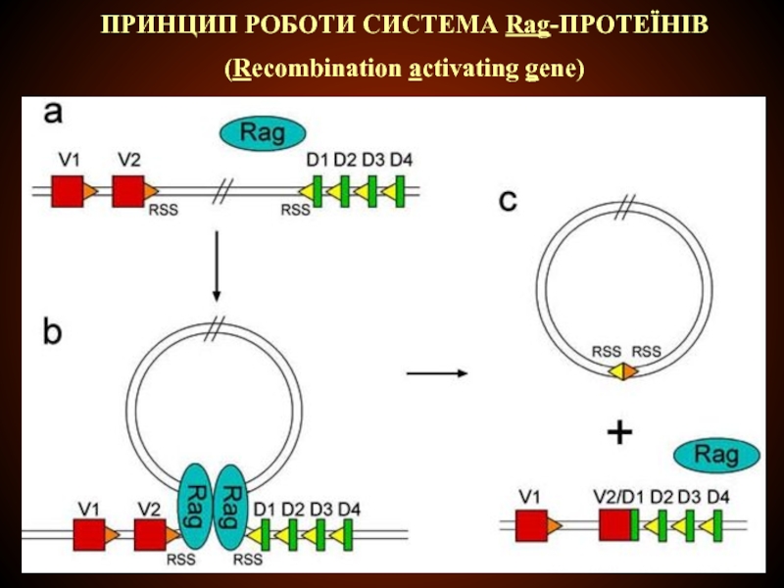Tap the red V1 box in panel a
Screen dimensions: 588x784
tap(67, 191)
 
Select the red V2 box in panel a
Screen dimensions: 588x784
tap(127, 191)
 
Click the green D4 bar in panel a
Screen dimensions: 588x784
tap(402, 191)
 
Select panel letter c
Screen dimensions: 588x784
tap(507, 202)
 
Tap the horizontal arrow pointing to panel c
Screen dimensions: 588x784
tap(436, 372)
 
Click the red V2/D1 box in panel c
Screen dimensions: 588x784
tap(614, 525)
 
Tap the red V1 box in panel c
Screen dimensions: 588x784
tap(531, 526)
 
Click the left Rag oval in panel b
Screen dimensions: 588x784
tap(197, 504)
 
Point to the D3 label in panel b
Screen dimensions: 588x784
tap(321, 510)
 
